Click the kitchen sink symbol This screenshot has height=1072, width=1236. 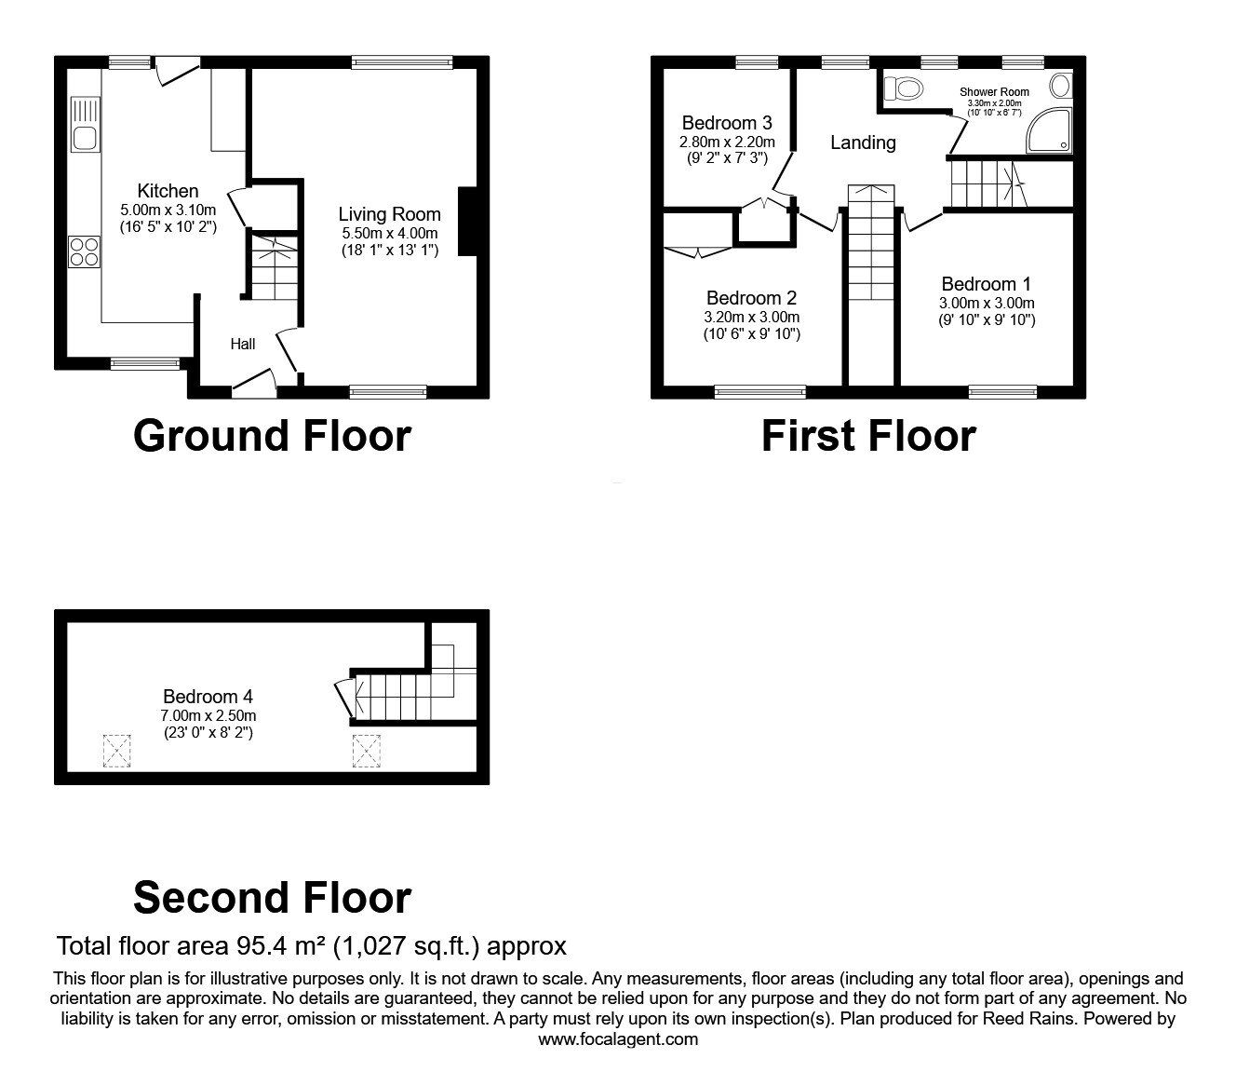(84, 125)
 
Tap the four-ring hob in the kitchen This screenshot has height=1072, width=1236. (84, 251)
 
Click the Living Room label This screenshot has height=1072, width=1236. (389, 214)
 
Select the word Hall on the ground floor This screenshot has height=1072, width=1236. (243, 345)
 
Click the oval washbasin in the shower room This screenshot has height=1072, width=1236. (1059, 87)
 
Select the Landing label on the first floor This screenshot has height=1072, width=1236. (863, 142)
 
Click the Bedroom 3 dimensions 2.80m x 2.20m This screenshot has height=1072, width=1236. (727, 142)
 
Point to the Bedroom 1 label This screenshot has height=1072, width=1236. (986, 284)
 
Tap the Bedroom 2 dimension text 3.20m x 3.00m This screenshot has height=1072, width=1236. (751, 317)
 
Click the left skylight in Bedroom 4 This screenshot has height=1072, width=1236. (116, 751)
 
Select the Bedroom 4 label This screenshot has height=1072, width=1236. (208, 697)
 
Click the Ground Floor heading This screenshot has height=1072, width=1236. (272, 436)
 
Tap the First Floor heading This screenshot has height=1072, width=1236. (867, 436)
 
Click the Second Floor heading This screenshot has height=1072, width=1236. (272, 898)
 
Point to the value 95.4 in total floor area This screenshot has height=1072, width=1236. (258, 946)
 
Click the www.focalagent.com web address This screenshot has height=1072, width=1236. (618, 1039)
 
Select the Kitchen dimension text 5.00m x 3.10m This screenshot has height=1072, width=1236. (168, 210)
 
